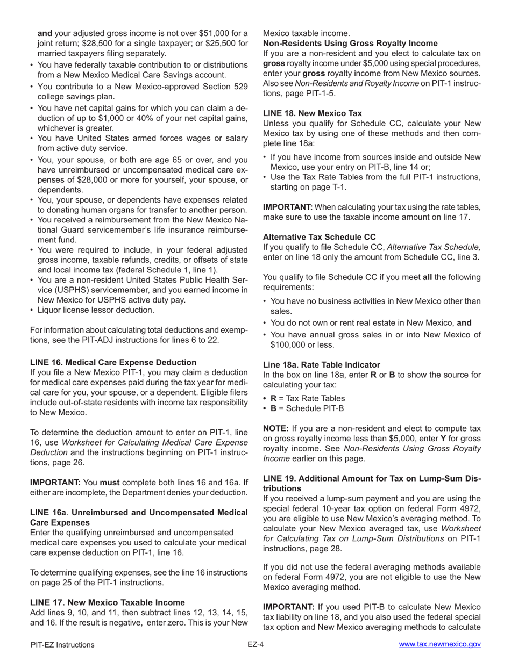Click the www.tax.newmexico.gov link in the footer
pos(439,645)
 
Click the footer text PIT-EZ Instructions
pos(62,645)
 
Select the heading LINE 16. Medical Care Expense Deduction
pos(113,362)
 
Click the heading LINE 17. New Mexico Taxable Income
pos(107,602)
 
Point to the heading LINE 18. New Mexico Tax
pos(312,113)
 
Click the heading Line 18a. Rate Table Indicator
pos(321,364)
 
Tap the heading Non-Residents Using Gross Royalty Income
pos(350,43)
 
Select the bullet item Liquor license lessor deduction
pos(95,310)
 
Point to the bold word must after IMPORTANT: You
pos(110,483)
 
